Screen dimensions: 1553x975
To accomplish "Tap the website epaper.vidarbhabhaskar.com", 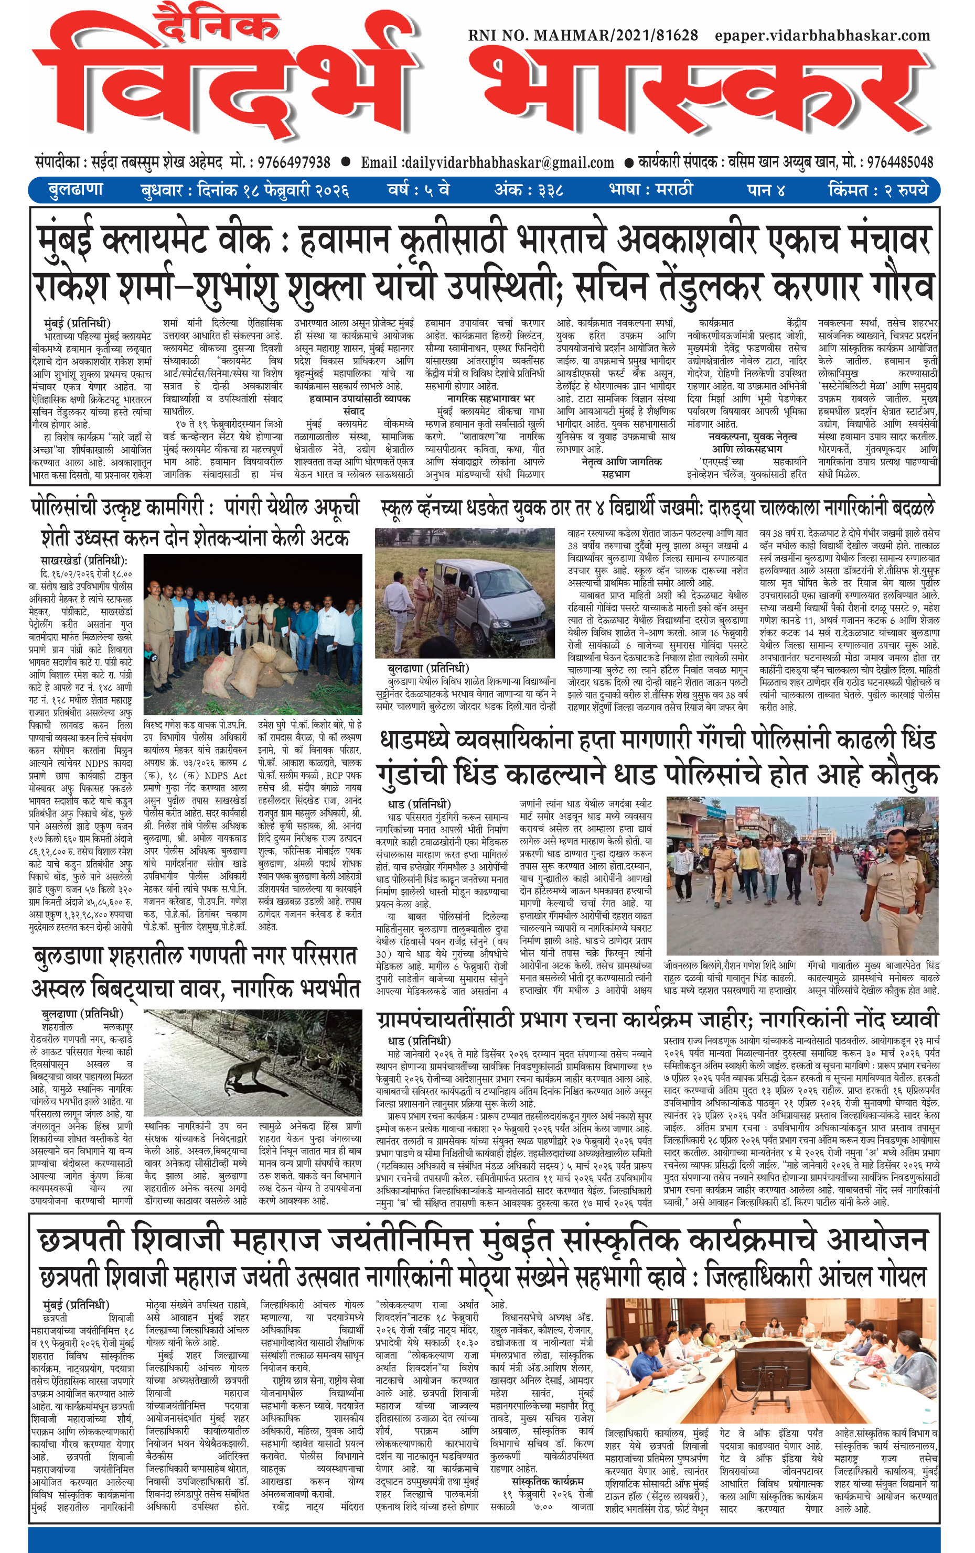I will (x=822, y=36).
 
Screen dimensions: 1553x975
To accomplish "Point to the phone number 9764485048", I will (x=899, y=162).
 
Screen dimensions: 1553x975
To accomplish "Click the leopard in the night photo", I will (x=248, y=1070).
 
